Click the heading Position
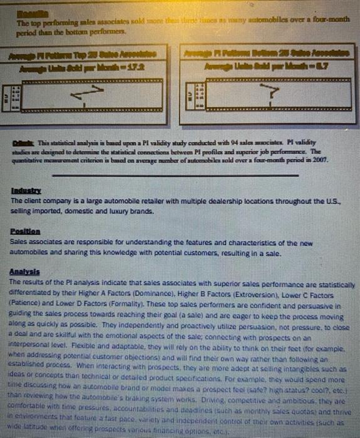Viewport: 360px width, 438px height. coord(23,230)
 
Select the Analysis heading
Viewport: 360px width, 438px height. coord(24,272)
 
